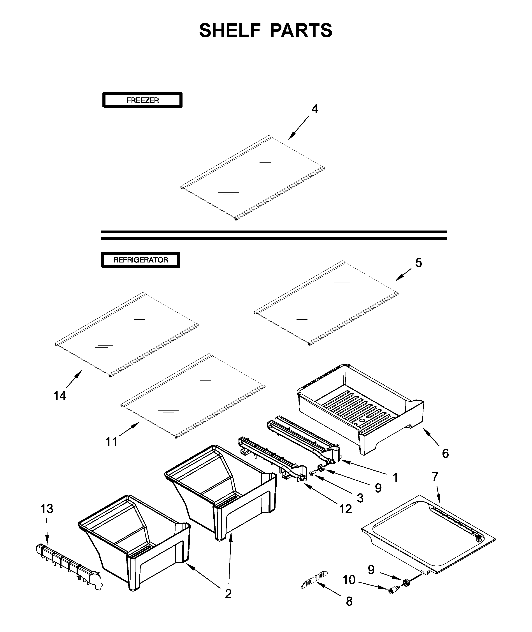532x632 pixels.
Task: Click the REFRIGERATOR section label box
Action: [140, 260]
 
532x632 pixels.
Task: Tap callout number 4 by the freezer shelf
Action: [314, 109]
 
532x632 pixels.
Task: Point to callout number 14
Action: [60, 396]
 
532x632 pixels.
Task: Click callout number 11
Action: [111, 442]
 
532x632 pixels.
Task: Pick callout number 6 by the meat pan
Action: [445, 453]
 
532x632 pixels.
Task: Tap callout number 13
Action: [47, 509]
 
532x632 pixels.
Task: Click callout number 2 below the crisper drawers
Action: [228, 594]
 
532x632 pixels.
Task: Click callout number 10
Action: [349, 580]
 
